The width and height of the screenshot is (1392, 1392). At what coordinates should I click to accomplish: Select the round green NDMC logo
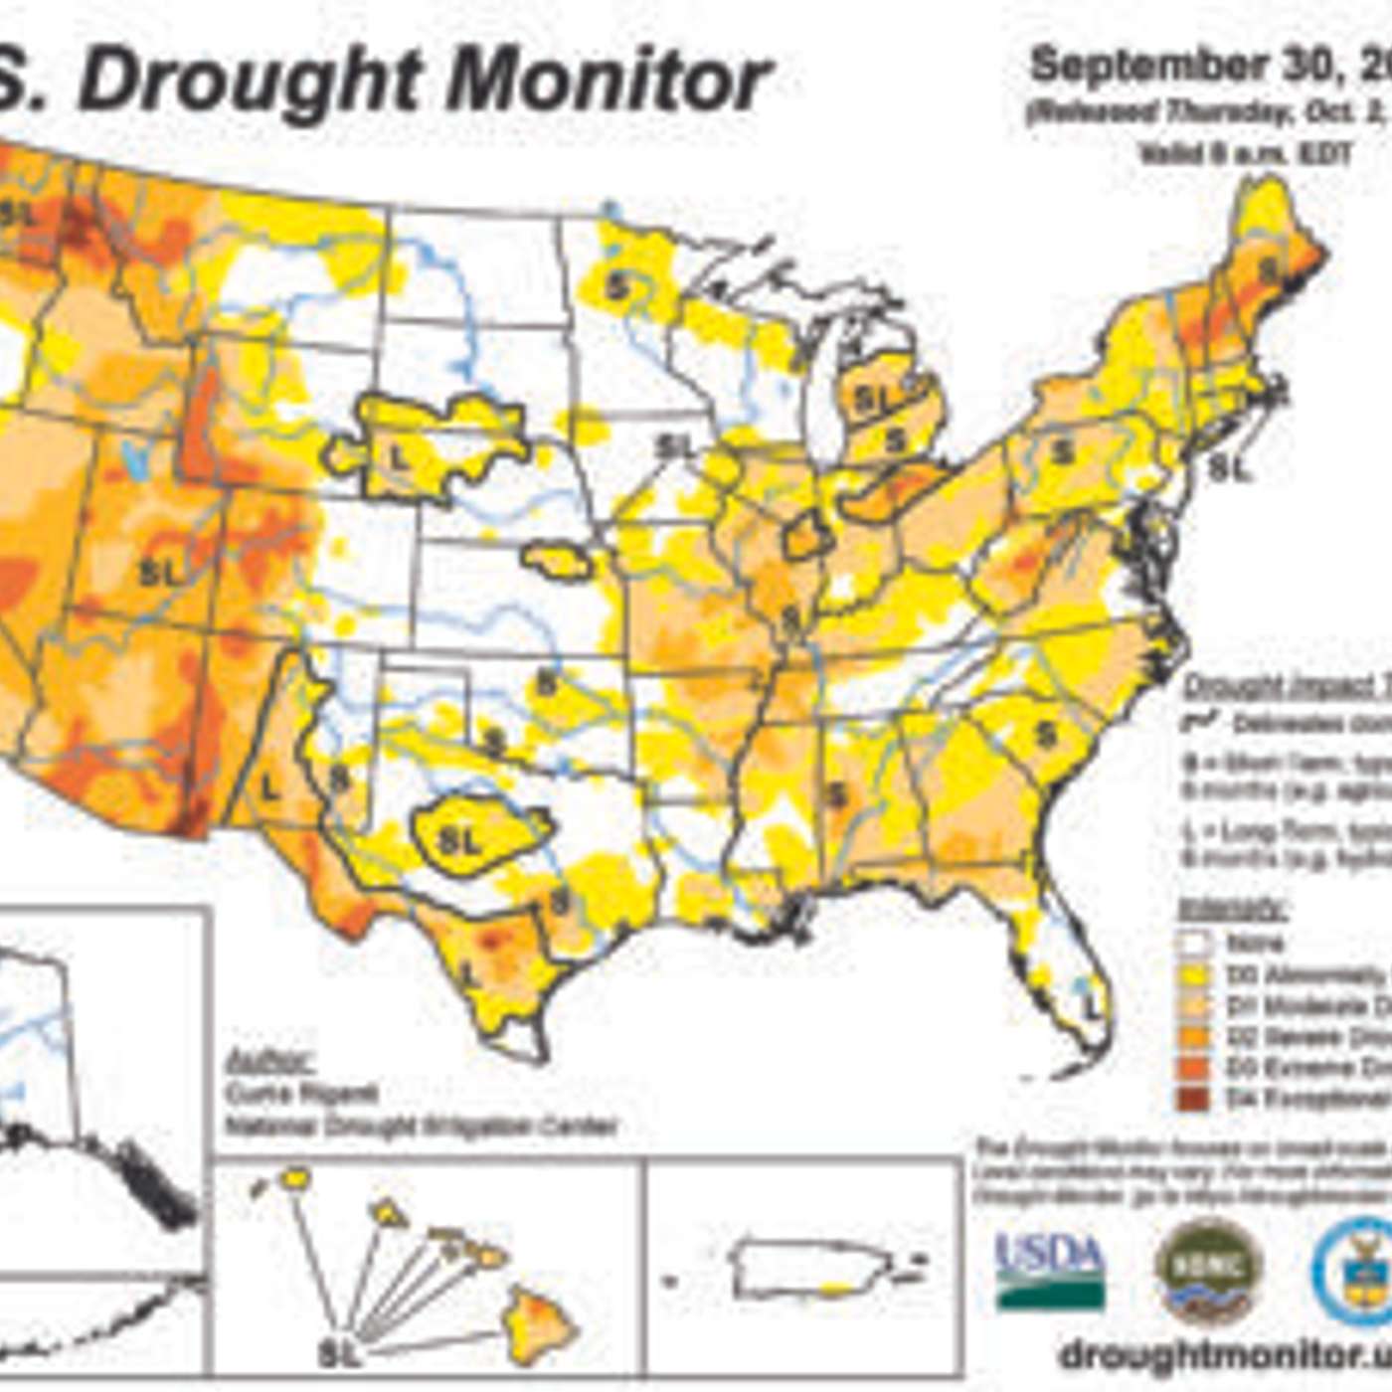1209,1270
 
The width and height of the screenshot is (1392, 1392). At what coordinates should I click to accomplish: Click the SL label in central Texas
459,841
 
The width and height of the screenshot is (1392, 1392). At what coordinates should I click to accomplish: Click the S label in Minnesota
618,288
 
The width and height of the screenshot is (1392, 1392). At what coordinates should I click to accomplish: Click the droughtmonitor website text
1223,1354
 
